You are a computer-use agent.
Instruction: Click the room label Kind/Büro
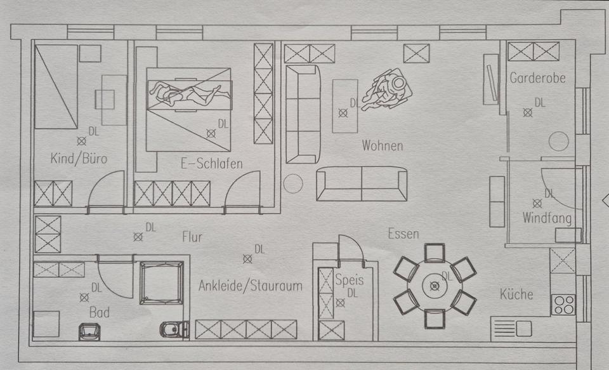[x=79, y=159]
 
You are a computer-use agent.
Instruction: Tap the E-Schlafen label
[x=211, y=164]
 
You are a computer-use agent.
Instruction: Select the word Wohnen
[x=382, y=145]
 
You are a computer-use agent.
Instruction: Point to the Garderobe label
[x=537, y=79]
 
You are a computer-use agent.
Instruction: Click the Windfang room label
[x=546, y=219]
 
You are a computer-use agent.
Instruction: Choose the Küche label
[x=516, y=294]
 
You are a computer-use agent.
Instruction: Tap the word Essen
[x=403, y=234]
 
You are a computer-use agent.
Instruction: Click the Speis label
[x=350, y=279]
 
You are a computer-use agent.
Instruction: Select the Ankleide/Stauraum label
[x=250, y=286]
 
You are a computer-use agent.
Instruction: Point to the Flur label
[x=192, y=237]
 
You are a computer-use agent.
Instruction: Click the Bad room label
[x=99, y=312]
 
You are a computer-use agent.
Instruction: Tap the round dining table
[x=435, y=286]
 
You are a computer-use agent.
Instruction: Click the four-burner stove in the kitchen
[x=563, y=305]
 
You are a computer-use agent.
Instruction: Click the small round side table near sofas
[x=292, y=183]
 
